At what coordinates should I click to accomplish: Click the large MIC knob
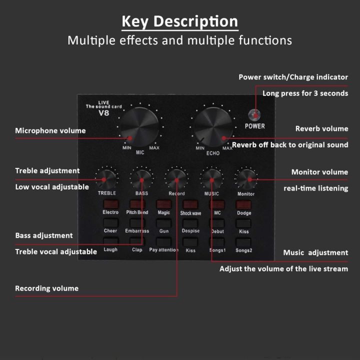pyautogui.click(x=140, y=126)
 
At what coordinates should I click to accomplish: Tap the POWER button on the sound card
pyautogui.click(x=255, y=114)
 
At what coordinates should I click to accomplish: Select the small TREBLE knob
pyautogui.click(x=106, y=178)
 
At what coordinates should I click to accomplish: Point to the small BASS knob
pyautogui.click(x=141, y=178)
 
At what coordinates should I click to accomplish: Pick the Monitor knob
pyautogui.click(x=246, y=177)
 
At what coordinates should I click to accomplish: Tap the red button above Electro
pyautogui.click(x=110, y=204)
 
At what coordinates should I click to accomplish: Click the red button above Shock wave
pyautogui.click(x=190, y=204)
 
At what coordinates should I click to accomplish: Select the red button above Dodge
pyautogui.click(x=243, y=204)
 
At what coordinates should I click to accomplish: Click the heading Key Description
pyautogui.click(x=180, y=21)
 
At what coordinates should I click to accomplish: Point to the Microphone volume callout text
pyautogui.click(x=50, y=130)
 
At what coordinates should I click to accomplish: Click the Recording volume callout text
pyautogui.click(x=46, y=288)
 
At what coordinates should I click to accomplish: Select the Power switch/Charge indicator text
pyautogui.click(x=293, y=77)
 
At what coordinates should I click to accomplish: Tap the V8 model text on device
pyautogui.click(x=104, y=113)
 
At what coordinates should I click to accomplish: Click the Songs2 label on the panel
pyautogui.click(x=243, y=249)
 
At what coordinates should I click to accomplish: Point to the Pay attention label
pyautogui.click(x=163, y=249)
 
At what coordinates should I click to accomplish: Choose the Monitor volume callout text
pyautogui.click(x=319, y=172)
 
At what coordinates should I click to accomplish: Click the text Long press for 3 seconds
pyautogui.click(x=305, y=93)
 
